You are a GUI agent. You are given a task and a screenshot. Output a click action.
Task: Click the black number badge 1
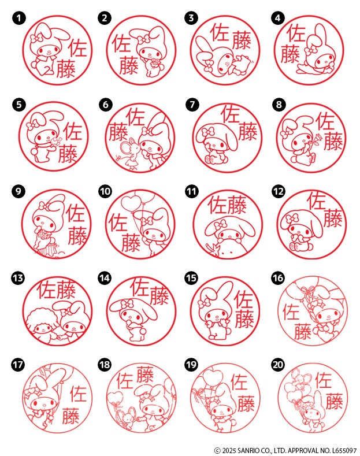(x=19, y=18)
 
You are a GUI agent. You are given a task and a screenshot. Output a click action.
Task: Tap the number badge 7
(x=192, y=105)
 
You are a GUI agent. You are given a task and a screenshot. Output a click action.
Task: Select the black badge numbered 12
(x=279, y=191)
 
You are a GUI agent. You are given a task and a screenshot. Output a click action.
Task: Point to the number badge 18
(x=105, y=365)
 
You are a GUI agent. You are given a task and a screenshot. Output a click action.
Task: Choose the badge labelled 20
(x=279, y=365)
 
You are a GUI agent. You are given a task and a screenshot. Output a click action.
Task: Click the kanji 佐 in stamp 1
(x=78, y=49)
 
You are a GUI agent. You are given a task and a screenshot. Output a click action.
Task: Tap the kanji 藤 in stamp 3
(x=242, y=40)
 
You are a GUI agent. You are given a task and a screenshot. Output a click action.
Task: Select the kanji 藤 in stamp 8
(x=333, y=141)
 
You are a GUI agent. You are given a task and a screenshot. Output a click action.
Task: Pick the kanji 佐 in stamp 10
(x=118, y=223)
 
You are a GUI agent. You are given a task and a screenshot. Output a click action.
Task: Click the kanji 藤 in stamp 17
(x=70, y=416)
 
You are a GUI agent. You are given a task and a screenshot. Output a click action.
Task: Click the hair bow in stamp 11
(x=220, y=224)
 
